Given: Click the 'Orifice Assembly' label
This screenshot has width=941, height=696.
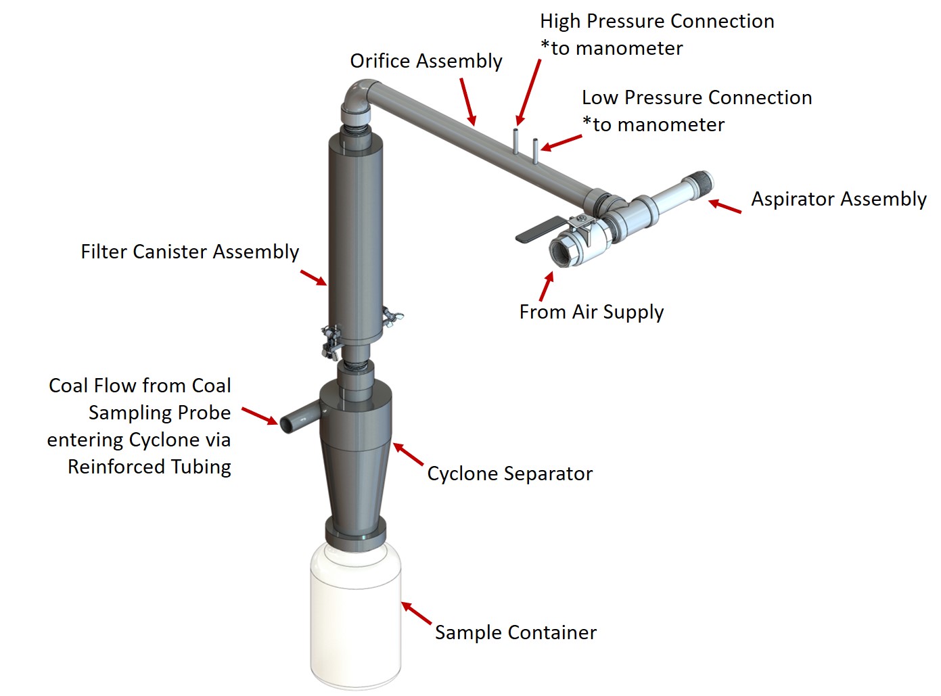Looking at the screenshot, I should [426, 62].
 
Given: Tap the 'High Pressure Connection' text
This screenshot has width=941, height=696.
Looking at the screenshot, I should [656, 22].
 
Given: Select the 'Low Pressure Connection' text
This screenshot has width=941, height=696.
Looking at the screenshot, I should [696, 98].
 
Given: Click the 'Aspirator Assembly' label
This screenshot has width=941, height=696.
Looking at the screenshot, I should [838, 200].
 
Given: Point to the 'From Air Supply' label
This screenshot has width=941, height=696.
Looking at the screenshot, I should [591, 312].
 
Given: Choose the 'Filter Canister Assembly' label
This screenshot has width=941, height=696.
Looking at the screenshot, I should [189, 252].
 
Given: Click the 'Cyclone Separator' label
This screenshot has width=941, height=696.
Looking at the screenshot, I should [509, 473].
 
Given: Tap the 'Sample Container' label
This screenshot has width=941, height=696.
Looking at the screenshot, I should [515, 633].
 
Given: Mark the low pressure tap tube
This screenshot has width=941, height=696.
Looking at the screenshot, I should [535, 150].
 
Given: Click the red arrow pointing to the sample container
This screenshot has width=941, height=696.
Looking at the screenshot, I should [417, 613].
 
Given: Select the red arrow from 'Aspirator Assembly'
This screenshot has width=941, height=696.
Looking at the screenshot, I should [725, 206].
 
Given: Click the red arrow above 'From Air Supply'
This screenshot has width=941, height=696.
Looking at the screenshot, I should [547, 286].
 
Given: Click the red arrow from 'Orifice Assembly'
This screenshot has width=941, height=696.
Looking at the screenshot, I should [468, 102].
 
